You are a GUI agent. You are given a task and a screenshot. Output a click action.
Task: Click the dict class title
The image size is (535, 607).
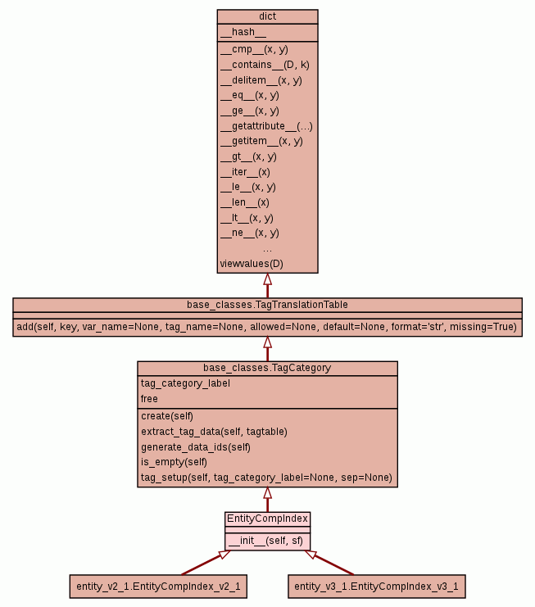[267, 16]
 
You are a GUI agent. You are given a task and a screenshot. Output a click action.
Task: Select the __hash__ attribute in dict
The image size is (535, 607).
[243, 32]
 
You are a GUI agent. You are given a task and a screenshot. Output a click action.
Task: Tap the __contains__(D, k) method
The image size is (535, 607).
[265, 64]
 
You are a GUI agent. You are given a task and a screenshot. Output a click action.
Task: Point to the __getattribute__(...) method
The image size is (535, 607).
[266, 125]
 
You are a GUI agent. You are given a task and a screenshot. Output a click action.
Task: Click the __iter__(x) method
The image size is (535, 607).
[245, 172]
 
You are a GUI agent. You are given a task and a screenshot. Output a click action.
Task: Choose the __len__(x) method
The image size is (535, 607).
[244, 202]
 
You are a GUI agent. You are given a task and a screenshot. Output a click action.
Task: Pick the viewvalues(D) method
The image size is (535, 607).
[252, 264]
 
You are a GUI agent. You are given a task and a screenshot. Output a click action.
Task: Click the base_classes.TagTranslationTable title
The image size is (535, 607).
[267, 305]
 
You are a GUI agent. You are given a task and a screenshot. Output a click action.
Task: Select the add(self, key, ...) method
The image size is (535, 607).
[267, 327]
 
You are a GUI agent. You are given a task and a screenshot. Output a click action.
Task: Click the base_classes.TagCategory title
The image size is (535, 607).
[267, 368]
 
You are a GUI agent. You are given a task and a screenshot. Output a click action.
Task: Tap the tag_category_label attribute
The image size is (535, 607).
[185, 383]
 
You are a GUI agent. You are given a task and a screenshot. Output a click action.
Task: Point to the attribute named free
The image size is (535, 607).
[149, 399]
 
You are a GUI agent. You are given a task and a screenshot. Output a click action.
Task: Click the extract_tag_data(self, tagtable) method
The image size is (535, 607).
[214, 431]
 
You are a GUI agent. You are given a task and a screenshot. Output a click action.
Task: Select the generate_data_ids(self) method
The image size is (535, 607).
[195, 446]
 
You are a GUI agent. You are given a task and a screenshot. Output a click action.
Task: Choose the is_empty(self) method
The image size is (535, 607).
[175, 462]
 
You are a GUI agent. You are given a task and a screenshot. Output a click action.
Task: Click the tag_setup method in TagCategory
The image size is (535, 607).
[266, 478]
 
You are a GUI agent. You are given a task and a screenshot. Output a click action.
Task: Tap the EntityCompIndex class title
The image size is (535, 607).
[267, 519]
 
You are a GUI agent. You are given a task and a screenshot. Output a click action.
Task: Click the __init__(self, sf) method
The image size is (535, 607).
[265, 541]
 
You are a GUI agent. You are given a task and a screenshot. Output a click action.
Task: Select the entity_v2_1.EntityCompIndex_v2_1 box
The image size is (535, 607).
[157, 587]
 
